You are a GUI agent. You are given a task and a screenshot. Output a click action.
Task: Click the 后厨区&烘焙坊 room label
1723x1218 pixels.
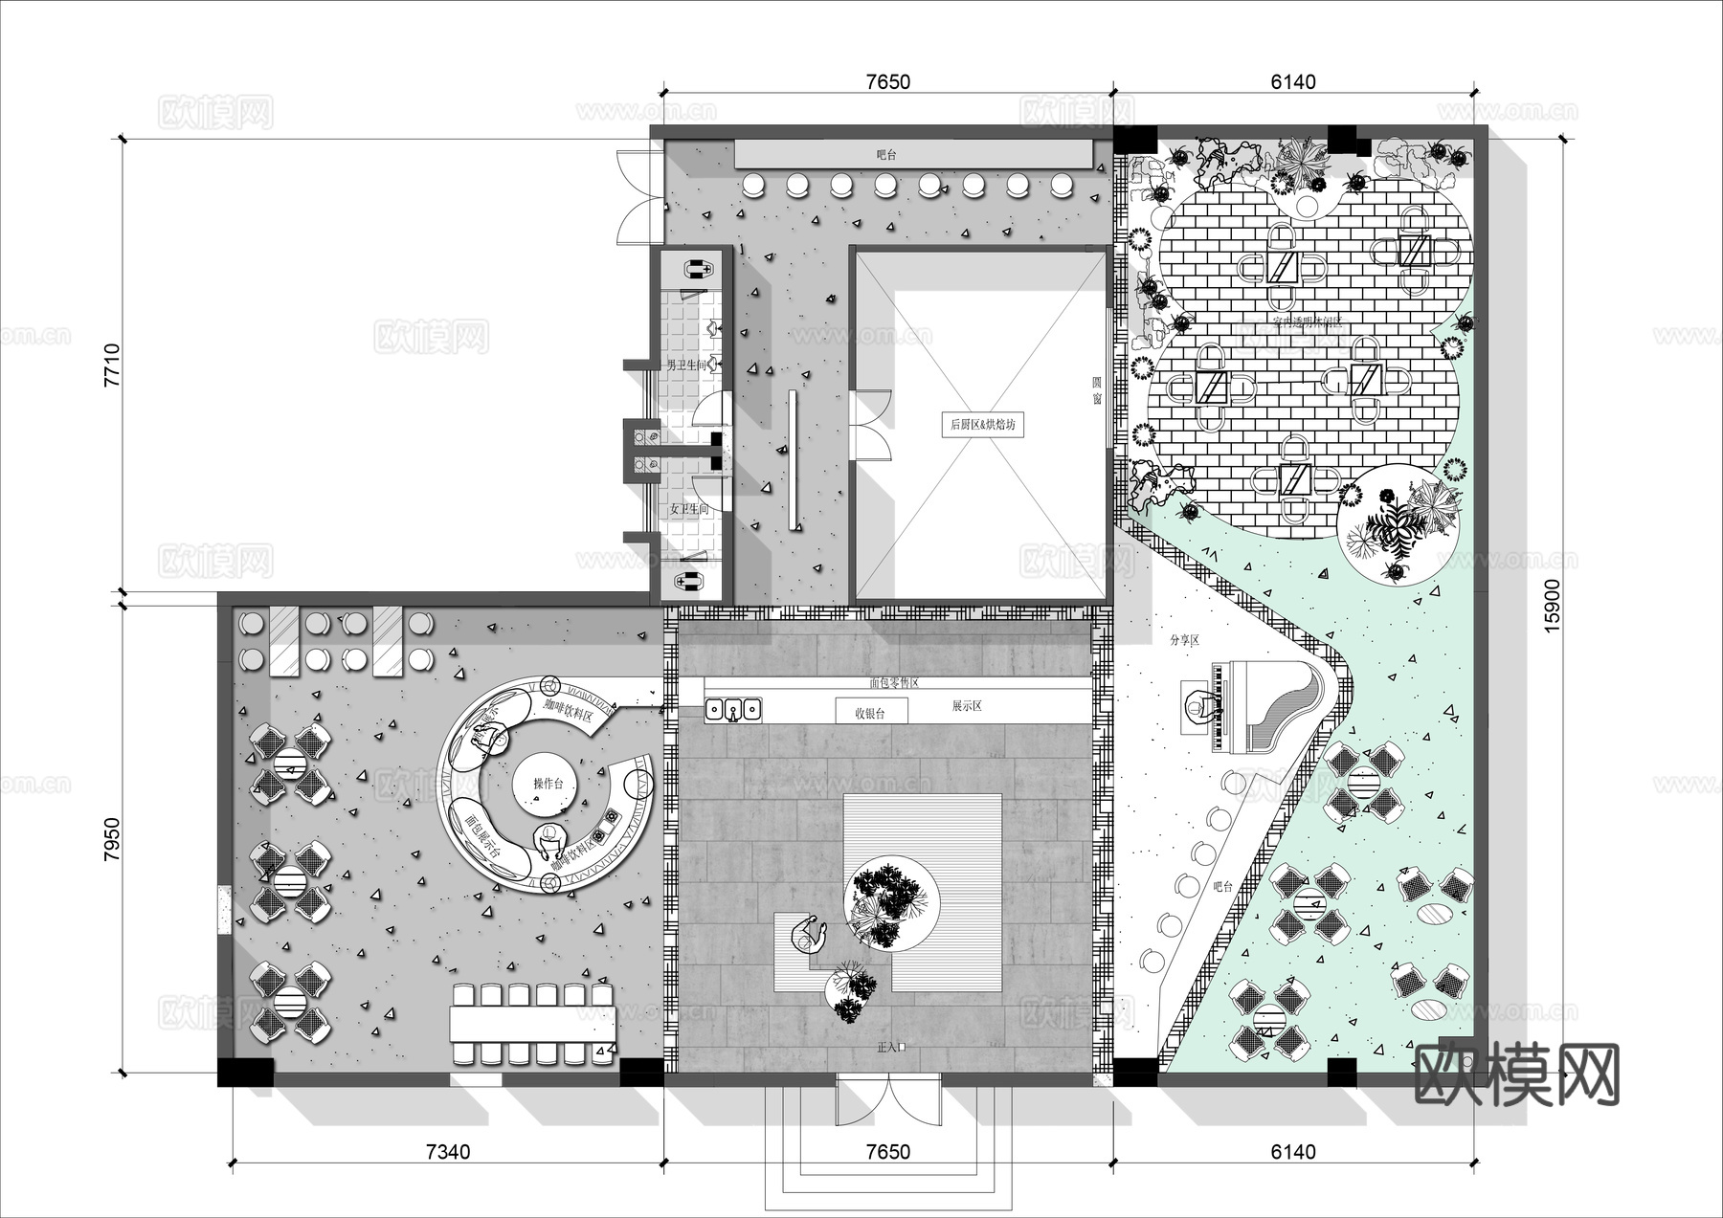pyautogui.click(x=982, y=425)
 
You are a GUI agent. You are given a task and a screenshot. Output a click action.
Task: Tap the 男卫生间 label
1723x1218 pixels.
pyautogui.click(x=686, y=365)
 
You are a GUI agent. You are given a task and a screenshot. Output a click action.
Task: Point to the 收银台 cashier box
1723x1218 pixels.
pyautogui.click(x=869, y=713)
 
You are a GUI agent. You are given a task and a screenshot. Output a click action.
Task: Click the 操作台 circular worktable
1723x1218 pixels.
pyautogui.click(x=548, y=784)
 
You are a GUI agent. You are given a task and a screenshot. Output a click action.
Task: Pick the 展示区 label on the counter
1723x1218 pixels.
pyautogui.click(x=967, y=706)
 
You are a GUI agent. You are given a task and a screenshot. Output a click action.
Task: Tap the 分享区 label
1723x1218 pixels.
pyautogui.click(x=1184, y=641)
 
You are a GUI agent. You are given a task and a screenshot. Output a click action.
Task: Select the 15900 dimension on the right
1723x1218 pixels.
pyautogui.click(x=1552, y=604)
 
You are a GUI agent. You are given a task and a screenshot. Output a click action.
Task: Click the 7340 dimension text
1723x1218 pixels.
pyautogui.click(x=447, y=1152)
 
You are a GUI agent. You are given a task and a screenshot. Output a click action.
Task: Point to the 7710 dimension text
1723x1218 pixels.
pyautogui.click(x=113, y=365)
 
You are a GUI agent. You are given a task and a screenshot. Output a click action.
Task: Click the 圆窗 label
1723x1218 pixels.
pyautogui.click(x=1098, y=390)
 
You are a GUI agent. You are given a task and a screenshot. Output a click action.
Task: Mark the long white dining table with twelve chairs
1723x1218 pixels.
pyautogui.click(x=532, y=1025)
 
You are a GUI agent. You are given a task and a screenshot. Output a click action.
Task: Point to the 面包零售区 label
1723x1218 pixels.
pyautogui.click(x=894, y=683)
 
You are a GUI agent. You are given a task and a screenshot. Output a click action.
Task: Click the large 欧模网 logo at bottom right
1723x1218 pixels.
pyautogui.click(x=1516, y=1075)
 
